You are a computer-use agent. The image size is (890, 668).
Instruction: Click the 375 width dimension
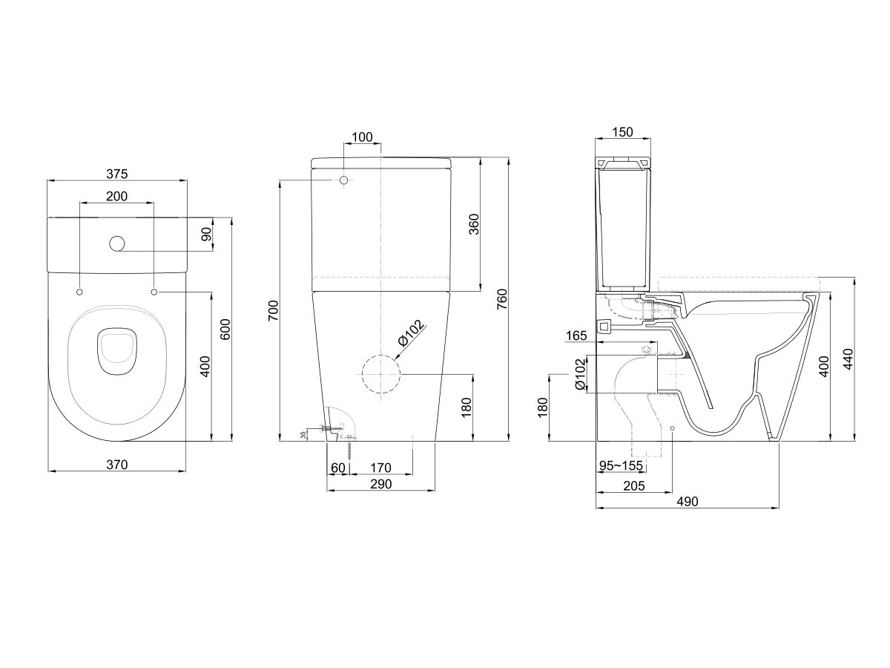point(117,174)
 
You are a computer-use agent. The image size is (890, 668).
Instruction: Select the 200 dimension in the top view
point(116,196)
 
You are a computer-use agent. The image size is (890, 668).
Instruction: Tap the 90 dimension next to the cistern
point(207,235)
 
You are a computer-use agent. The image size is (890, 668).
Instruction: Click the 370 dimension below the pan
point(117,465)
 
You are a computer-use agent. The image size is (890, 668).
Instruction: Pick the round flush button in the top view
point(116,243)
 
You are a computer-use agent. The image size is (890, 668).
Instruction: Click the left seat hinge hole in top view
point(79,293)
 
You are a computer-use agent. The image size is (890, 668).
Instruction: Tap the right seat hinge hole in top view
point(154,293)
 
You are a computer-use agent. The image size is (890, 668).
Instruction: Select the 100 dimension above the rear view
point(362,137)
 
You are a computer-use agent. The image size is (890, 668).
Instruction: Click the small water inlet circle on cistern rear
point(344,180)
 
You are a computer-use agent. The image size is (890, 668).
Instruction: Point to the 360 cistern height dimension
point(475,223)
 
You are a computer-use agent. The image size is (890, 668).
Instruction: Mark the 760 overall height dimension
point(502,298)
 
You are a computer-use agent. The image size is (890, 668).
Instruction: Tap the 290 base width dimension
point(380,484)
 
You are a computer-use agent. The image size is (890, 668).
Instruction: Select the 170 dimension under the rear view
point(380,468)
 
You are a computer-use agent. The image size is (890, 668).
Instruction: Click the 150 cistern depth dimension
point(624,132)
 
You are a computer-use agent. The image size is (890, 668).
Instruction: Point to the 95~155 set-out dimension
point(621,465)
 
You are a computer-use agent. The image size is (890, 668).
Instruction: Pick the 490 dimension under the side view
point(688,502)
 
